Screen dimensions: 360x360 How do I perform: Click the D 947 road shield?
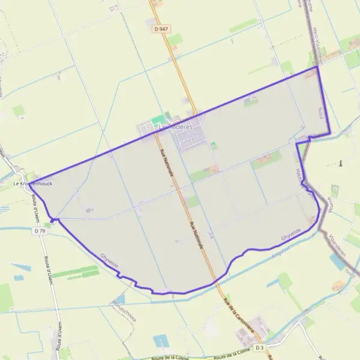point(159,28)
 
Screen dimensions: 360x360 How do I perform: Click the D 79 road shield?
point(40,230)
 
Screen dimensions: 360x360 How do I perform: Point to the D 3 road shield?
point(259,347)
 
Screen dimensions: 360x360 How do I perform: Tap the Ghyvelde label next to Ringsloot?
point(290,235)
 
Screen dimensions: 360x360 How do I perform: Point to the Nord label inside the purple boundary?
point(320,112)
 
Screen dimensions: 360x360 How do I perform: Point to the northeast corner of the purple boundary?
point(317,67)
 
